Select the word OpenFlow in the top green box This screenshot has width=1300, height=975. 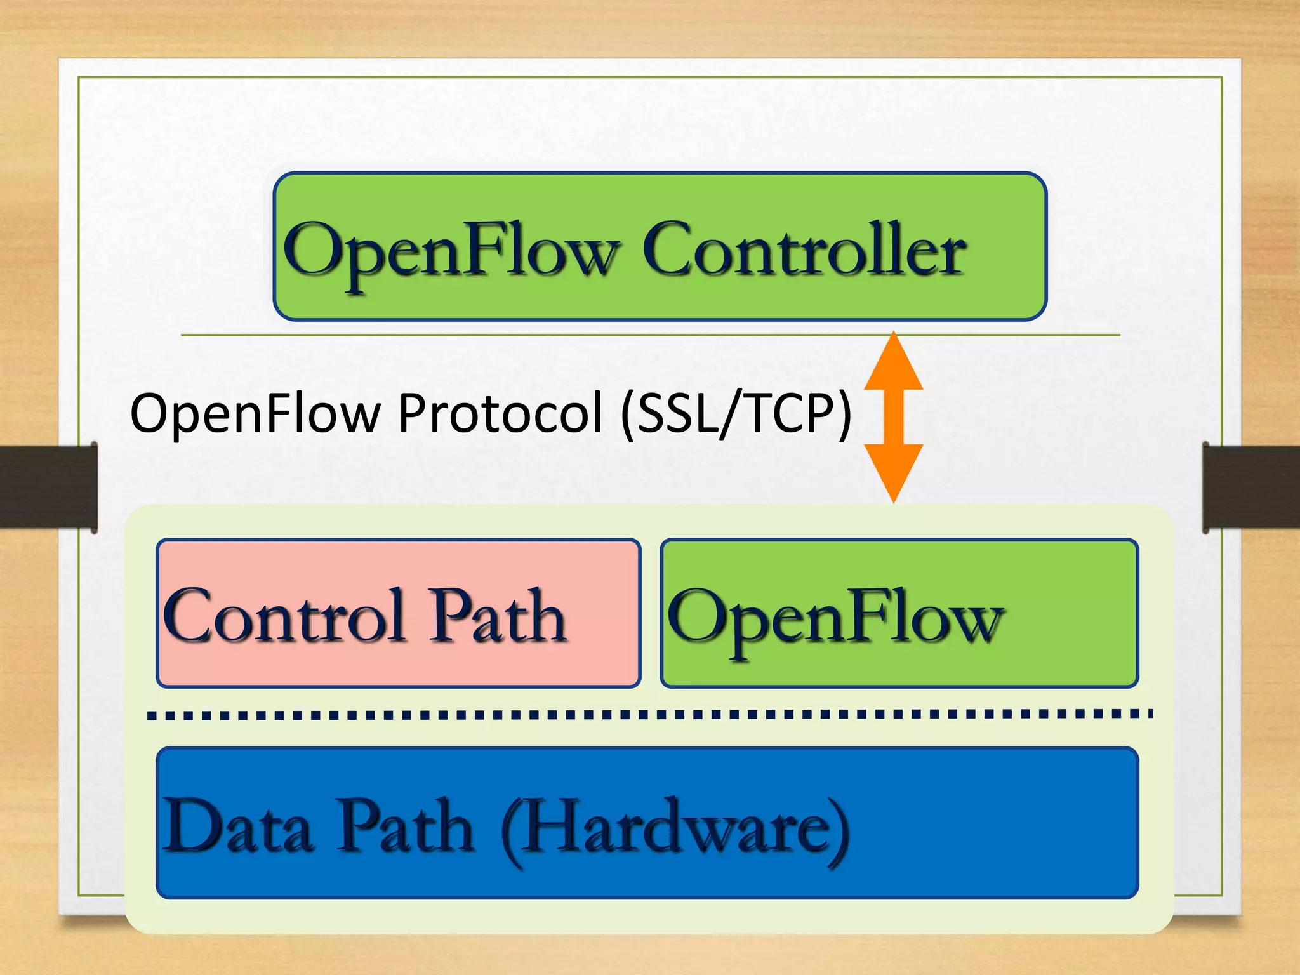(452, 250)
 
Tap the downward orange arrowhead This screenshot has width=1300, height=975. (893, 470)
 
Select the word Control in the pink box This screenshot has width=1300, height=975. (284, 616)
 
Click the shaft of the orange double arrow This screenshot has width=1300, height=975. (893, 416)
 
